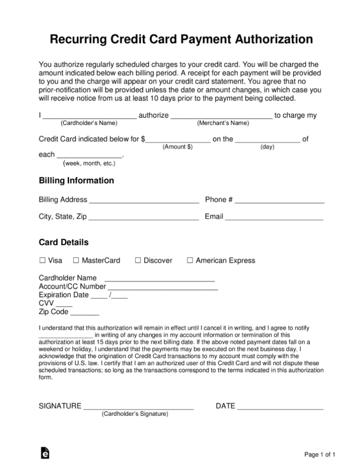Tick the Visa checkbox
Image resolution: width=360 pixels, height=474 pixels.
42,260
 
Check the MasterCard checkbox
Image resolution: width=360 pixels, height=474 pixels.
76,260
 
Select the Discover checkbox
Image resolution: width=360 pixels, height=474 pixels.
138,260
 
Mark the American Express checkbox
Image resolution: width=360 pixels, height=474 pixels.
190,260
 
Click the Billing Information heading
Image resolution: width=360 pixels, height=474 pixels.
76,181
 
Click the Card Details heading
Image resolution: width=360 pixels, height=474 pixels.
63,243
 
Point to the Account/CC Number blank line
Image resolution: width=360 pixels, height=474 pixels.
163,287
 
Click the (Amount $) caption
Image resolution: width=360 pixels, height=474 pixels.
177,147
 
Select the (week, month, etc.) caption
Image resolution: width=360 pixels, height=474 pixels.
89,163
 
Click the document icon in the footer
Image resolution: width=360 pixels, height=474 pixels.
45,453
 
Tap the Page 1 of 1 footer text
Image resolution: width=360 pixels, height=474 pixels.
320,455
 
